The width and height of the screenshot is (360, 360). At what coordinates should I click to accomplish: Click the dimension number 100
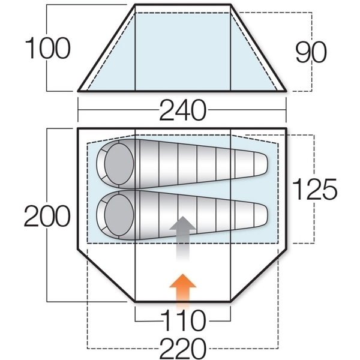click(x=47, y=49)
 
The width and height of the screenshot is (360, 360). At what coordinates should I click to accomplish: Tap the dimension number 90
click(x=311, y=52)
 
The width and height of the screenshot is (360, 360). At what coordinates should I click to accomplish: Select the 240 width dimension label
click(x=182, y=110)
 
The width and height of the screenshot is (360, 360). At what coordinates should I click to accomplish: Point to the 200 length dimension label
click(x=47, y=216)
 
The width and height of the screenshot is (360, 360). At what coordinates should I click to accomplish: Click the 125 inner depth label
click(x=314, y=189)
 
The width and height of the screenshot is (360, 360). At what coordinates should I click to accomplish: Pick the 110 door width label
click(x=182, y=320)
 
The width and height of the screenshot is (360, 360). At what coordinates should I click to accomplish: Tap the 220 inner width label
click(x=183, y=348)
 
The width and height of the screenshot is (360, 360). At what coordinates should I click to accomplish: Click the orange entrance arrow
click(x=183, y=291)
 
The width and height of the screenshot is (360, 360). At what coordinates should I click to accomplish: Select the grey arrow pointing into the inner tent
click(x=182, y=238)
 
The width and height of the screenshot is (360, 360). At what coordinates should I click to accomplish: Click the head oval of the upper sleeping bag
click(x=119, y=164)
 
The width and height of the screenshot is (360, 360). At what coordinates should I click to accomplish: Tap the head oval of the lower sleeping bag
click(x=119, y=215)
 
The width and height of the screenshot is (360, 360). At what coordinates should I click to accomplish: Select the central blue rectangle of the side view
click(x=183, y=52)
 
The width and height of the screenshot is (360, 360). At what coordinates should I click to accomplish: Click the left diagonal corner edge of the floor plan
click(x=106, y=275)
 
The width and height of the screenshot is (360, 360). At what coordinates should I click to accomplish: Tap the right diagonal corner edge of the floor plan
click(x=259, y=275)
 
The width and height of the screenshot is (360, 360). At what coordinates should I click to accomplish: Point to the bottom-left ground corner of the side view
click(x=78, y=91)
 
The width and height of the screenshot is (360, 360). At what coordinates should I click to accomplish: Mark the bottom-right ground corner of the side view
click(x=286, y=91)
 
